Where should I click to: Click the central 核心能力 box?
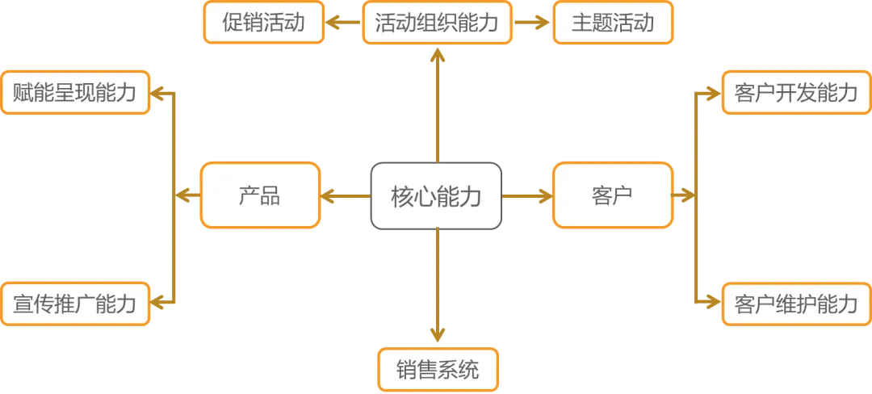point(436,195)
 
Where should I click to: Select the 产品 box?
point(260,195)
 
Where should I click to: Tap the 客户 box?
point(611,195)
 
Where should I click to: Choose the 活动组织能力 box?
point(437,23)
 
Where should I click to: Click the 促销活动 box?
point(263,23)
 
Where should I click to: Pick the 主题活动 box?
point(613,23)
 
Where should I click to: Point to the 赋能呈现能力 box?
point(75,93)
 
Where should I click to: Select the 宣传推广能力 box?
point(75,304)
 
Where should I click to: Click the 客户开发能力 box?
point(795,93)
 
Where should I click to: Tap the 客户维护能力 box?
point(795,304)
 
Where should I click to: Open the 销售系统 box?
point(438,369)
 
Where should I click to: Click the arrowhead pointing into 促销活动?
point(331,23)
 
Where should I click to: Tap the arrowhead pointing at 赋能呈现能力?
point(159,93)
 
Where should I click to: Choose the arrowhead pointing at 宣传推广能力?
point(159,304)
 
